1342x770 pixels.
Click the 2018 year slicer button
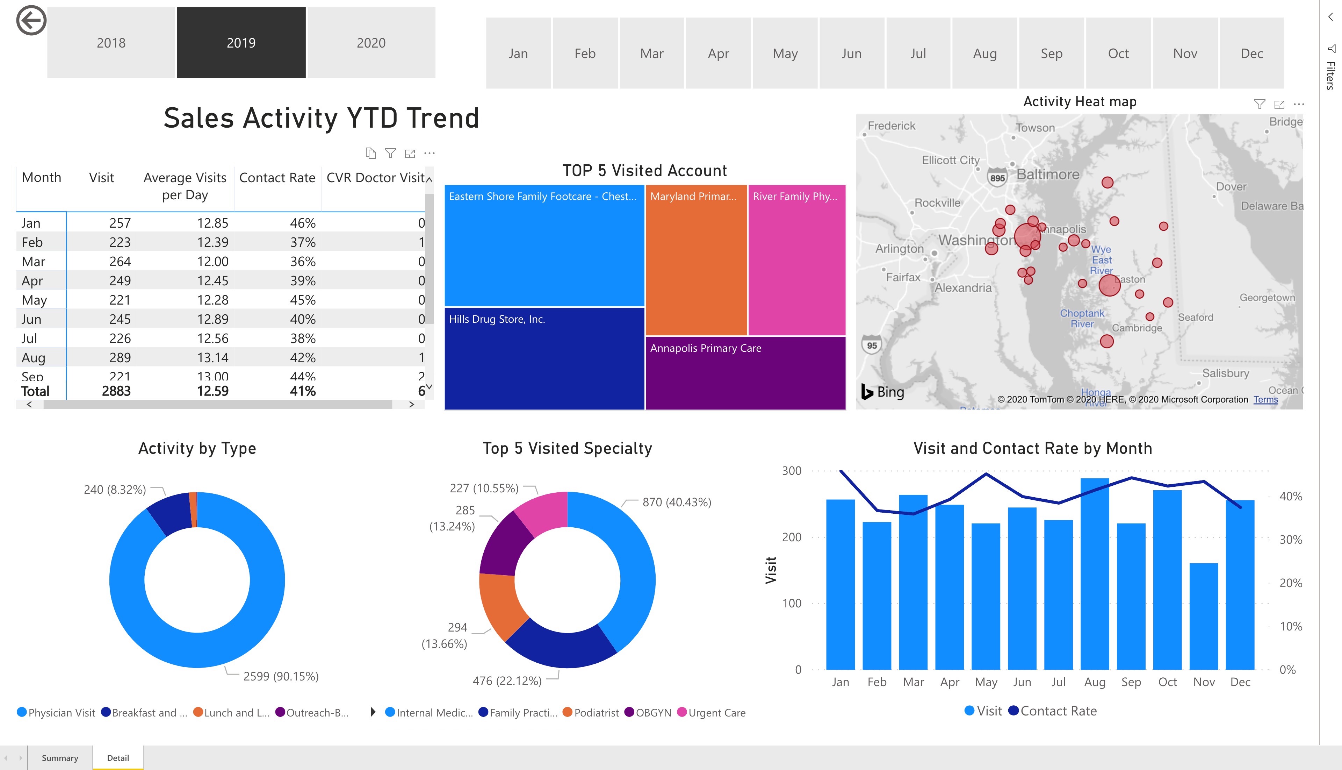tap(111, 43)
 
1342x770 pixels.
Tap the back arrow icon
tap(31, 21)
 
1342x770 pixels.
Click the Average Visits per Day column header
tap(185, 186)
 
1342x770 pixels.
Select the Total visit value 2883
tap(116, 391)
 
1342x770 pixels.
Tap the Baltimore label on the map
tap(1048, 174)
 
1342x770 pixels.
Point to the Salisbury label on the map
tap(1225, 373)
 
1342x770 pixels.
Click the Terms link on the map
tap(1265, 400)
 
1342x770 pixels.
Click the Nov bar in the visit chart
tap(1204, 616)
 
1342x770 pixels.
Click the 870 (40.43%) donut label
tap(677, 502)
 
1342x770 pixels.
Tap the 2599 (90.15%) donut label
tap(281, 676)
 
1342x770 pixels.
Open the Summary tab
tap(60, 758)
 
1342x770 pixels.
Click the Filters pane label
tap(1330, 76)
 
